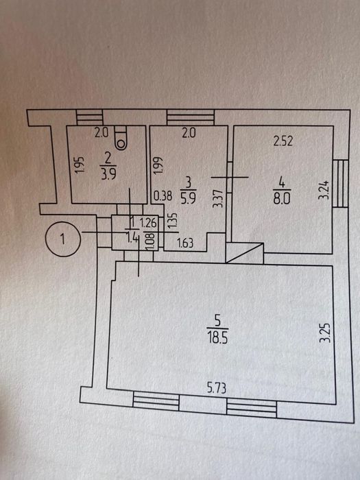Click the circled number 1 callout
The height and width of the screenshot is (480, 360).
tap(63, 239)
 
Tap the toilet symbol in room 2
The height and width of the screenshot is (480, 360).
tap(121, 137)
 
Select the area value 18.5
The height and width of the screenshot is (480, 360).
tap(217, 339)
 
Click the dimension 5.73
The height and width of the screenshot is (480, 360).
tap(217, 388)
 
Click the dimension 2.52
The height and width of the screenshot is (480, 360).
tap(283, 141)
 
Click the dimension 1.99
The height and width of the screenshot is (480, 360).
tap(159, 166)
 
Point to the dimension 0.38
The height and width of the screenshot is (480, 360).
tap(163, 195)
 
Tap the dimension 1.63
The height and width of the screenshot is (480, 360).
tap(186, 243)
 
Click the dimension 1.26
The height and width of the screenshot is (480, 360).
tap(149, 223)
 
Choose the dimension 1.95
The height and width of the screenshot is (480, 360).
tap(80, 165)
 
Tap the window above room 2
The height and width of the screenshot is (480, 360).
tap(89, 117)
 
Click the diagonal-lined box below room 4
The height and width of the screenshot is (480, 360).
tap(245, 253)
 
